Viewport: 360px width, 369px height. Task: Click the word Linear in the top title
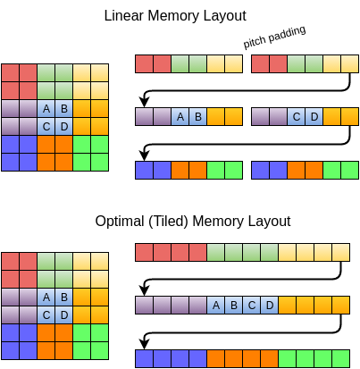click(x=124, y=16)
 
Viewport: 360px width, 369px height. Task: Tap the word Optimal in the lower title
click(x=121, y=221)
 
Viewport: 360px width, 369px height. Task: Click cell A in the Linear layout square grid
click(x=46, y=109)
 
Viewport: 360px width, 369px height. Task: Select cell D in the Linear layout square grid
click(x=63, y=126)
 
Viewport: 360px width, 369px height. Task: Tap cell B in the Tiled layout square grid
click(x=63, y=298)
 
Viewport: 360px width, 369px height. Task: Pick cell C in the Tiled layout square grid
click(x=46, y=314)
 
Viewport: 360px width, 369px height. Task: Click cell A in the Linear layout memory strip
click(x=180, y=117)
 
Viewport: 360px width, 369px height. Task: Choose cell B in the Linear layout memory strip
click(x=197, y=117)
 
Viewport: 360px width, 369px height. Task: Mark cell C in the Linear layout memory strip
click(x=297, y=117)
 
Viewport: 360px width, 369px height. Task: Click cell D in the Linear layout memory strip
click(x=314, y=117)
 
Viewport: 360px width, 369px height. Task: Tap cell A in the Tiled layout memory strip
click(x=215, y=306)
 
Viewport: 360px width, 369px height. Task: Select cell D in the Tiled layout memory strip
click(x=269, y=306)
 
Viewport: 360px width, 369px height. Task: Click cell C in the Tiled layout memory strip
click(x=251, y=306)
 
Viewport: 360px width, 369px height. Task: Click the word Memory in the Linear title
click(x=175, y=16)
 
